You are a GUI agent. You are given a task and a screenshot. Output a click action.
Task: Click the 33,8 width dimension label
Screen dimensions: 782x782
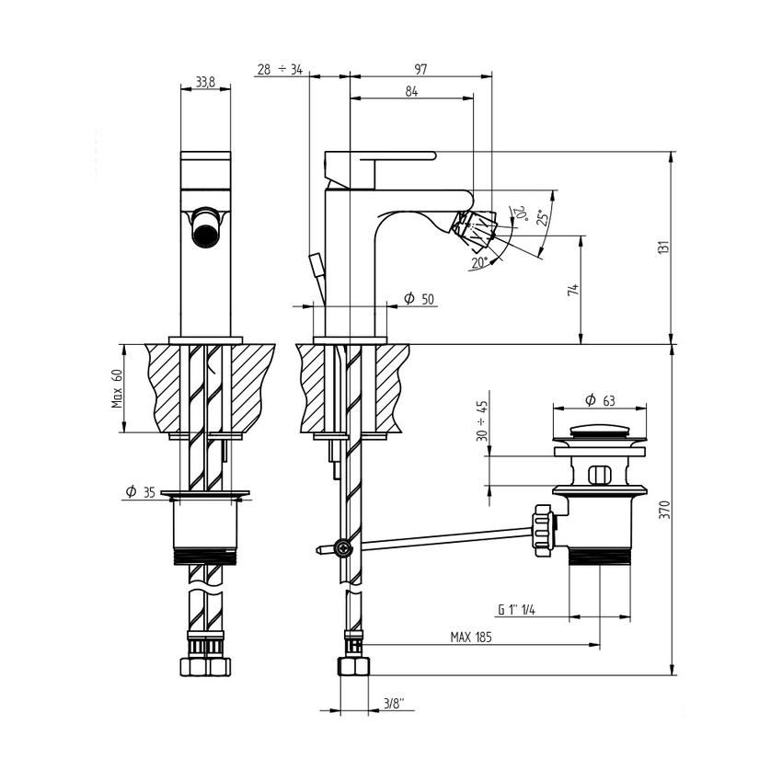coord(205,82)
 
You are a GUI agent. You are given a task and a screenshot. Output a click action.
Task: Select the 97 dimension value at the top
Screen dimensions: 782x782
coord(421,69)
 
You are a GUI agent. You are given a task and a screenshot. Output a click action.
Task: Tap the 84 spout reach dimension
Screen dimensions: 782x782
coord(411,91)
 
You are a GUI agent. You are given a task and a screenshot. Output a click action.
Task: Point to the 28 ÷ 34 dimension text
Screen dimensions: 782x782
coord(281,69)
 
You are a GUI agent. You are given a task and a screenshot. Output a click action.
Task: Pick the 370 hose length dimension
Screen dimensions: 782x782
coord(664,509)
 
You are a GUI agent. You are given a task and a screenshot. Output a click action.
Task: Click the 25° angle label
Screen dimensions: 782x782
coord(542,218)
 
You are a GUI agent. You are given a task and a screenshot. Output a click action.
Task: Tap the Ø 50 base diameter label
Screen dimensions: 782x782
coord(419,299)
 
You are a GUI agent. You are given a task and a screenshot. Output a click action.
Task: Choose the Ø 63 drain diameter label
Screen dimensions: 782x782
coord(600,400)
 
